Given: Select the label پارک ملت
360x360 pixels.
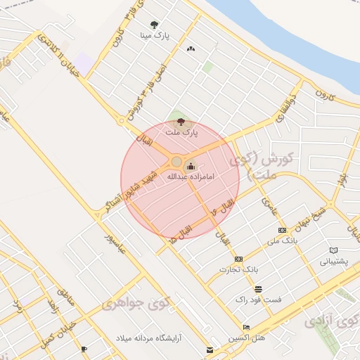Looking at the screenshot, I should coord(182,131).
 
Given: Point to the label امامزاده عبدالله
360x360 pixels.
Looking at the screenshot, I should coord(190,176).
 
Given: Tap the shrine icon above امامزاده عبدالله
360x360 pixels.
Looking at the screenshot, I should coord(191,167).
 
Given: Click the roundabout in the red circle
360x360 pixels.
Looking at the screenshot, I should coord(176,162).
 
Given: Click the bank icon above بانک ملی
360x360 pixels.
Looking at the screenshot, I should coord(282,231).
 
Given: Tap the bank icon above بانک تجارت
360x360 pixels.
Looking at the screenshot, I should coord(238,259).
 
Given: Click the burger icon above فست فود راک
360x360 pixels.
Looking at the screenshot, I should coord(258,289).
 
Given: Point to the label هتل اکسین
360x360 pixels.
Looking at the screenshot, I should coord(250,338).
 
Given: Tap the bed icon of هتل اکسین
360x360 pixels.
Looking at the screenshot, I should coord(245,328).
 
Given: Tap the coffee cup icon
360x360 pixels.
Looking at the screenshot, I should coord(84,349).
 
